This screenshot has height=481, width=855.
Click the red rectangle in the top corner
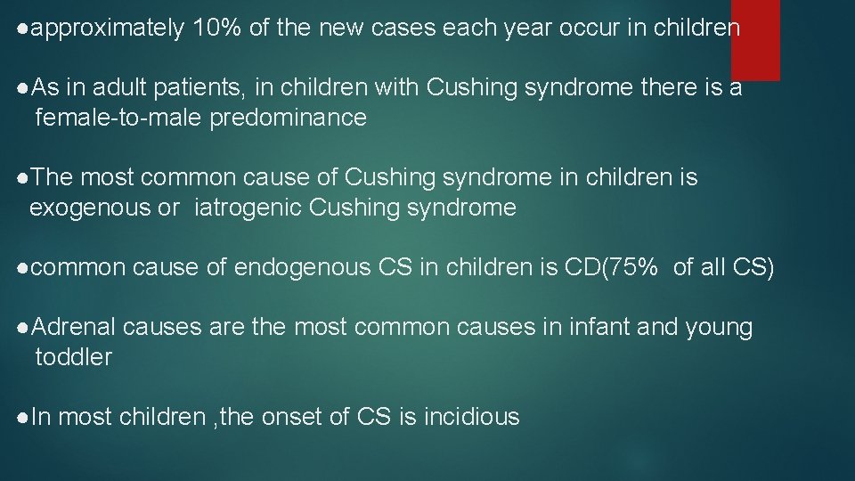point(755,40)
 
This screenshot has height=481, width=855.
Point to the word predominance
point(288,118)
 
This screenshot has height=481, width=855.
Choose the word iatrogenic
point(248,208)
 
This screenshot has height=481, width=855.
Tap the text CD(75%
point(613,268)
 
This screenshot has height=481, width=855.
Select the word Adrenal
point(75,328)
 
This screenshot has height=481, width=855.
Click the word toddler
point(73,358)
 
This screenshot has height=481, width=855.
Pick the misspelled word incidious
point(472,417)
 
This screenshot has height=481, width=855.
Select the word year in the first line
point(528,29)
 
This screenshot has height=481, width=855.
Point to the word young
point(719,328)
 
